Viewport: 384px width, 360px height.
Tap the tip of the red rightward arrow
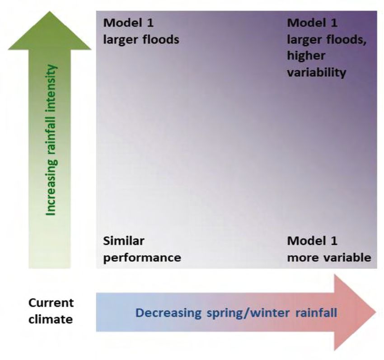tap(376, 312)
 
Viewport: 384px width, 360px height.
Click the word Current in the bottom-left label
tap(51, 302)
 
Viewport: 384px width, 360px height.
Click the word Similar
tap(124, 241)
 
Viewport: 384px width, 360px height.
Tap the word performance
tap(142, 258)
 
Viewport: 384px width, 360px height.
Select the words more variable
tap(329, 258)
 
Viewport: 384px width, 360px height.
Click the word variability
tap(316, 72)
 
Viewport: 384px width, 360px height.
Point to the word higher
tap(306, 56)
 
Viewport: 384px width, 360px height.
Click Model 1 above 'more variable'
tap(312, 241)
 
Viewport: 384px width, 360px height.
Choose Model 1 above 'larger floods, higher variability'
tap(312, 22)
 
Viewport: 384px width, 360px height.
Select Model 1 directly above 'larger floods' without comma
tap(129, 22)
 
